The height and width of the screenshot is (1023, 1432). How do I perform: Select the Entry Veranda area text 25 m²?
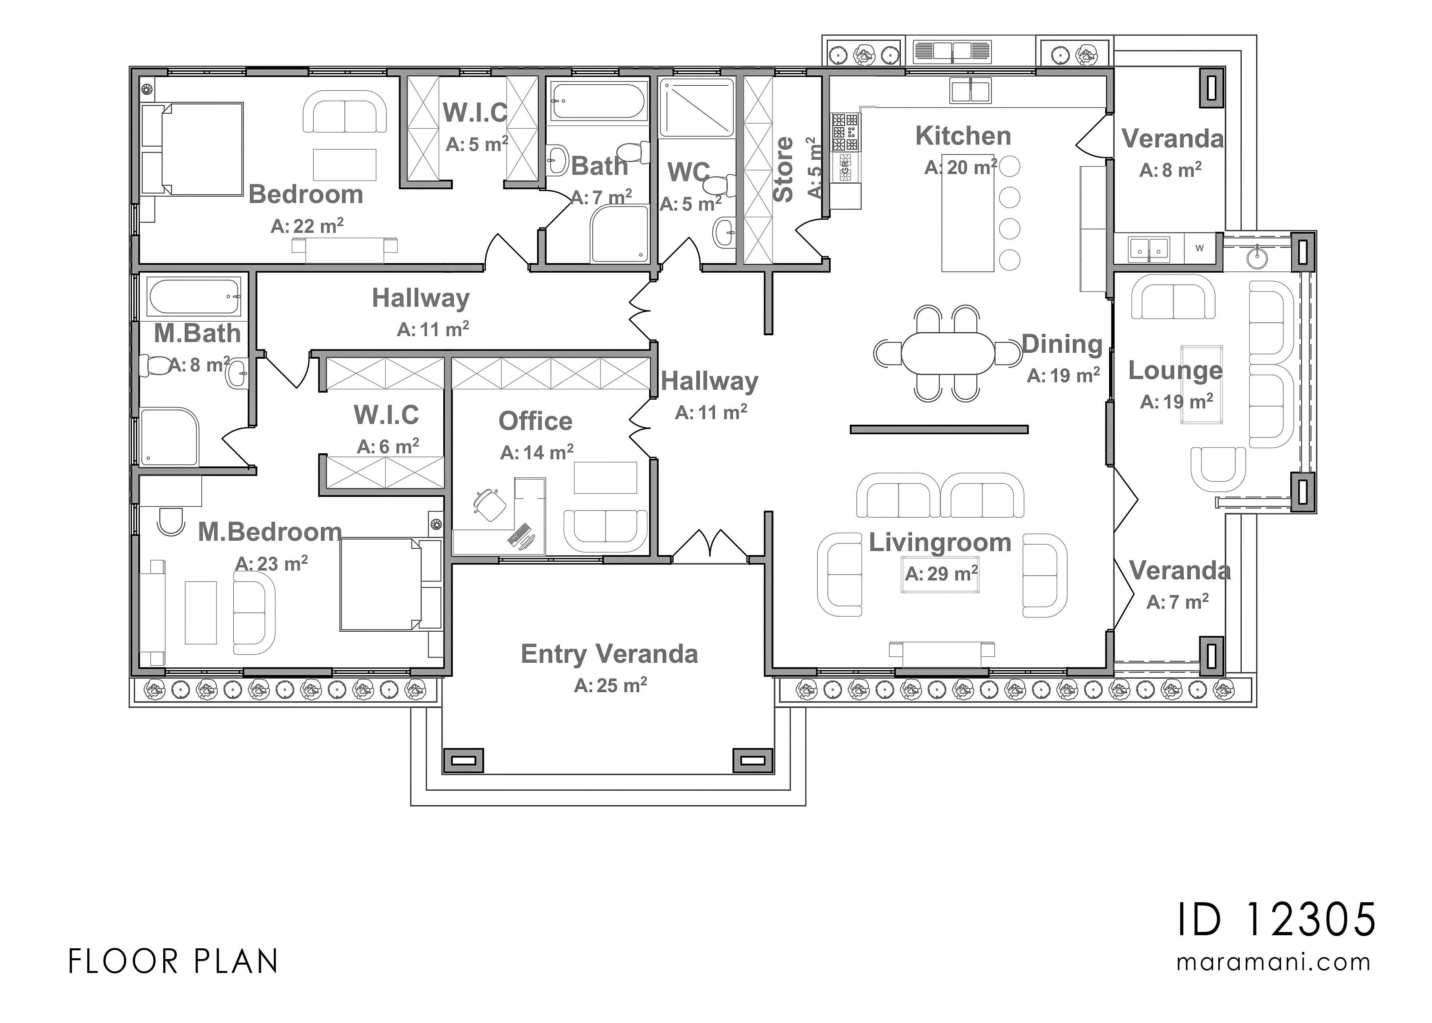click(610, 685)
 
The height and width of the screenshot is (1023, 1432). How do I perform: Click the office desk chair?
click(489, 504)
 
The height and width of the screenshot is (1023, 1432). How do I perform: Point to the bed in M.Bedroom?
click(381, 584)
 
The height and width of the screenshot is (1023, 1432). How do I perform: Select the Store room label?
click(783, 169)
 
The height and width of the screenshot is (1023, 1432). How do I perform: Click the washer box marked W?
click(1199, 248)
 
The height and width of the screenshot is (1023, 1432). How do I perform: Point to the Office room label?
click(535, 421)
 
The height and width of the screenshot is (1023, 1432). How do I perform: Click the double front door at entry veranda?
click(710, 545)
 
